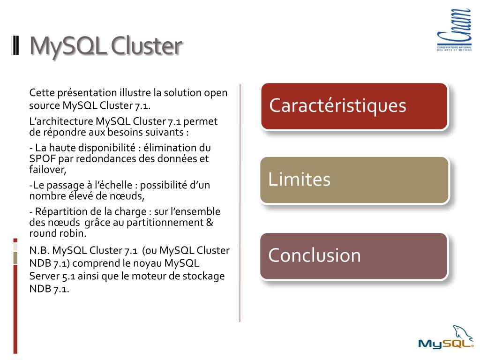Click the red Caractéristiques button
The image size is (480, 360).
(x=354, y=106)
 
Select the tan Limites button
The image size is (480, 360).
(x=354, y=180)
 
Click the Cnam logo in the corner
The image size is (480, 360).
(x=454, y=30)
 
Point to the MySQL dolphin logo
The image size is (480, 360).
(x=446, y=338)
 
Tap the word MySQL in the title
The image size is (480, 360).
(x=63, y=46)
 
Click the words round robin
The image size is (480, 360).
(x=57, y=233)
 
